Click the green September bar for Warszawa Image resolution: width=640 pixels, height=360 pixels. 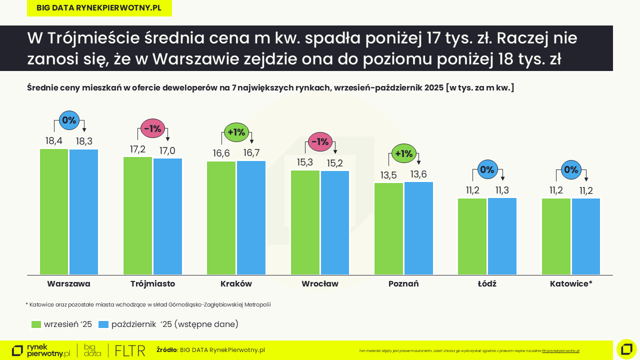[54, 211]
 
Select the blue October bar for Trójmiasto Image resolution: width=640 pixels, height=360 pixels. [167, 216]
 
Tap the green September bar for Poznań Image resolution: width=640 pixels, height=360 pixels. [388, 228]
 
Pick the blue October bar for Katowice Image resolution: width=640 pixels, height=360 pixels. [585, 236]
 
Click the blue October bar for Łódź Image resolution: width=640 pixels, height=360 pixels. [502, 236]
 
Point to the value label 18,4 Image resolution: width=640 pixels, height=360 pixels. [54, 141]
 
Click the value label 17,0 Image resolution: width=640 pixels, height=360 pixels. [167, 150]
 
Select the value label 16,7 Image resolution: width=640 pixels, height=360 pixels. [251, 153]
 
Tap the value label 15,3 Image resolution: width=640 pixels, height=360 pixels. [305, 162]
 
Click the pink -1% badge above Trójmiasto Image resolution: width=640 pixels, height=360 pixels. [152, 128]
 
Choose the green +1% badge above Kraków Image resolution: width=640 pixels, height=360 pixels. [236, 132]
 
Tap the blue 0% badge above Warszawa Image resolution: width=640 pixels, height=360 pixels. [69, 120]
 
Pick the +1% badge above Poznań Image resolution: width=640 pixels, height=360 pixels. [403, 153]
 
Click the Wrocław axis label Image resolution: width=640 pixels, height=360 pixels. [320, 284]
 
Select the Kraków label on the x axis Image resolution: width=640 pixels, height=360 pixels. [236, 284]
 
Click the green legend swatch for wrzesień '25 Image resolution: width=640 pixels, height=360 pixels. [36, 324]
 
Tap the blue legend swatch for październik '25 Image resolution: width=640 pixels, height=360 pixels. [103, 324]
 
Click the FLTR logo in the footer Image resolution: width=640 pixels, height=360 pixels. [130, 350]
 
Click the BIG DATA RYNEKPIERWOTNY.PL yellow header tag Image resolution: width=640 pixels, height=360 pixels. [99, 8]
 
